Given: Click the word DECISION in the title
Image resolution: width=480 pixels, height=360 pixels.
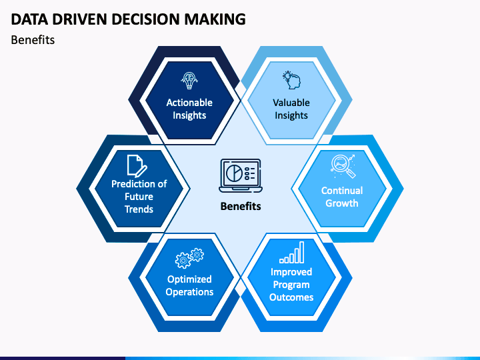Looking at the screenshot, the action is (146, 19).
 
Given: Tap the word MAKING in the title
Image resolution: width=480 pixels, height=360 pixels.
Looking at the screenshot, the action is (215, 19).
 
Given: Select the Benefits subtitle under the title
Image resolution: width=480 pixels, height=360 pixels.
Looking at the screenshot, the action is (33, 40).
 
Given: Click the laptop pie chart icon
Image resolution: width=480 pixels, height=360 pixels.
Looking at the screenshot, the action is (241, 176).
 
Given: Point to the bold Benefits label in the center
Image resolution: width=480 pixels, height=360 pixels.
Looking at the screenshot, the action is (241, 206).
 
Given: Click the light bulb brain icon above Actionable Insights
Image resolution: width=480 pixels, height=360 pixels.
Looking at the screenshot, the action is (189, 81).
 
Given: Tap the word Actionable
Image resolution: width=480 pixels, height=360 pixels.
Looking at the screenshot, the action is (189, 103).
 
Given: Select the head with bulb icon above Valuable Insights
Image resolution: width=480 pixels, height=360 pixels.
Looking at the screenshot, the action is (291, 80).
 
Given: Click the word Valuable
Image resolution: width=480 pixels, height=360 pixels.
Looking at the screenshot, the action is (291, 103).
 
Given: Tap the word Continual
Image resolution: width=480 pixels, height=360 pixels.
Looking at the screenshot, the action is (342, 191).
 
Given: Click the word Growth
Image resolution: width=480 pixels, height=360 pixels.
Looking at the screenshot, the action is (341, 203).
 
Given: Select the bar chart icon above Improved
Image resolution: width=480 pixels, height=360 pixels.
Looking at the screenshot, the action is (292, 252).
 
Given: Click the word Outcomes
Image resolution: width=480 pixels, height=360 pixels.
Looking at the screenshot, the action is (291, 297).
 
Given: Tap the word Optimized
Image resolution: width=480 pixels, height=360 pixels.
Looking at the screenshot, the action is (189, 279).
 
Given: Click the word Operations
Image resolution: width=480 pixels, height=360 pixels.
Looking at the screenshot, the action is (189, 292).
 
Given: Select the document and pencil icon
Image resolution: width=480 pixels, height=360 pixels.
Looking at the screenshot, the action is (137, 166).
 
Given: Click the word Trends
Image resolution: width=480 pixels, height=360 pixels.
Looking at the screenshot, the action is (139, 209).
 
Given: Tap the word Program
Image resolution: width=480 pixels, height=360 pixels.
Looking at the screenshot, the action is (291, 285).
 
